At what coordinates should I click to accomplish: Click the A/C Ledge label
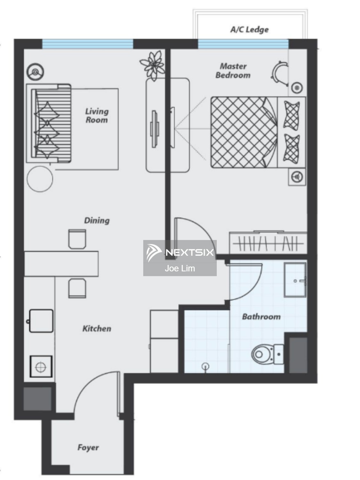(249, 30)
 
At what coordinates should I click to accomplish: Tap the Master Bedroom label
(233, 71)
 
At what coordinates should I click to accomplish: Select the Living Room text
(97, 116)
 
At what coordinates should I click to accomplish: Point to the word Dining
(97, 220)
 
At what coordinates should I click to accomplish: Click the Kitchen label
(97, 329)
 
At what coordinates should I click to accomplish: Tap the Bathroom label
(261, 317)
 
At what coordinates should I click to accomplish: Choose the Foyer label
(88, 447)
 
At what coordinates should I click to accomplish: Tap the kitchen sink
(41, 321)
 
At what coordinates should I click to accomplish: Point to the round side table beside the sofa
(40, 179)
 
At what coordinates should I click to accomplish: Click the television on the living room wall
(154, 129)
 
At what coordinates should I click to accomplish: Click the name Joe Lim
(180, 268)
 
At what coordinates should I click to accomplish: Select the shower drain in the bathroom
(206, 366)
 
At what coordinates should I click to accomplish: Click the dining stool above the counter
(77, 239)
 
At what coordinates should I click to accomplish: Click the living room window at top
(88, 44)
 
